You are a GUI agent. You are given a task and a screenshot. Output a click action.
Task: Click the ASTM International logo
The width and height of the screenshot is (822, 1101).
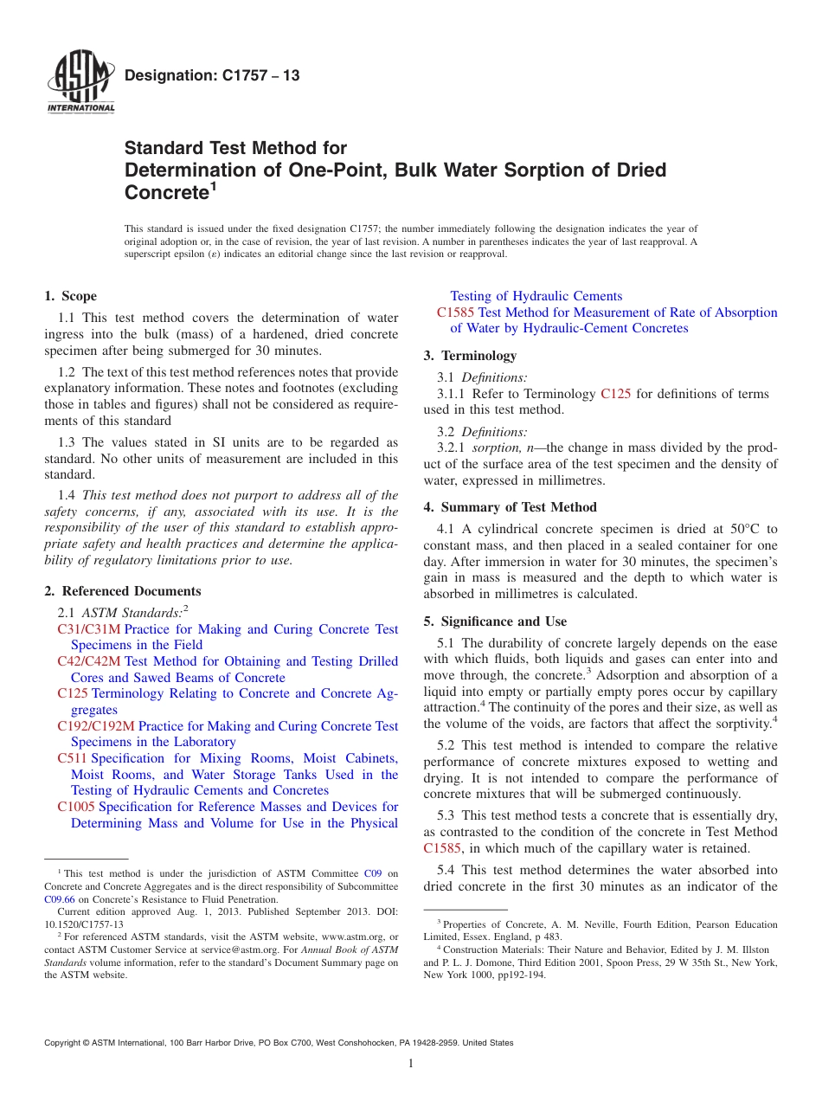tap(80, 84)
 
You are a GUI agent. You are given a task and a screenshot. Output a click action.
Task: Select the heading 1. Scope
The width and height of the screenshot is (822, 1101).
tap(71, 296)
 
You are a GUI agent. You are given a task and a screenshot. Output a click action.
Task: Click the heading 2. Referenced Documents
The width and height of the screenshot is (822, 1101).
tap(123, 591)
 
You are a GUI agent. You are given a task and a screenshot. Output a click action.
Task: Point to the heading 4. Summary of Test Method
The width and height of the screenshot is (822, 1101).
tap(510, 507)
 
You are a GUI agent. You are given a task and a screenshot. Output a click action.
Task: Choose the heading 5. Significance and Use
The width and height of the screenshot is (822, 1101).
tap(495, 621)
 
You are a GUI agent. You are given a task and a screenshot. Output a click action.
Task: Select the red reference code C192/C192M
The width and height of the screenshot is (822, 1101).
tap(95, 726)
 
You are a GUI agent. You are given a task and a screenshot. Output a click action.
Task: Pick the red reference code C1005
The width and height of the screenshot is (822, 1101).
tap(76, 807)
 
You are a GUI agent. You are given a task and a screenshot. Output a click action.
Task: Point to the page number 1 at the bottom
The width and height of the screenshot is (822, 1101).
tap(411, 1064)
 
